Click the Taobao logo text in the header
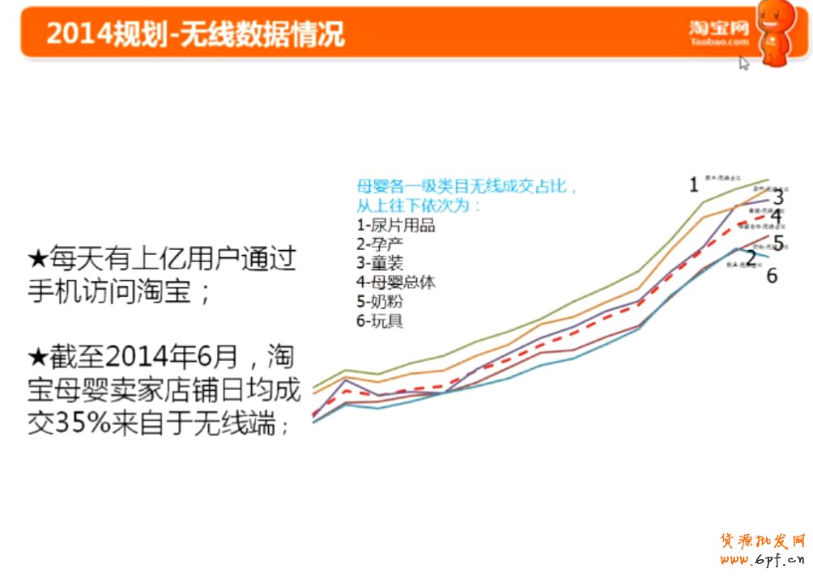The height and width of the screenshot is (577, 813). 719,32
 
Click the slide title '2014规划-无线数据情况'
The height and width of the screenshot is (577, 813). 195,34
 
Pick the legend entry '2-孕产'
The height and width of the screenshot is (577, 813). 380,244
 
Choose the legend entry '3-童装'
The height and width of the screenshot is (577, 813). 380,263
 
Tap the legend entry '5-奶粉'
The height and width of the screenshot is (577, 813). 380,302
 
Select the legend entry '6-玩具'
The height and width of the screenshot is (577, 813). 380,321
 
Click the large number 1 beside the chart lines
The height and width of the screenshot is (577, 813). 694,185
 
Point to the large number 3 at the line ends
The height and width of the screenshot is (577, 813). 778,197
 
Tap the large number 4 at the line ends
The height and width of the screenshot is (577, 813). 776,216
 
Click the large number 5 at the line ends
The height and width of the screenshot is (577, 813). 777,243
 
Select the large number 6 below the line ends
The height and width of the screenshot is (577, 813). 772,276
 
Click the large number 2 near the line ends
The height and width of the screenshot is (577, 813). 751,259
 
